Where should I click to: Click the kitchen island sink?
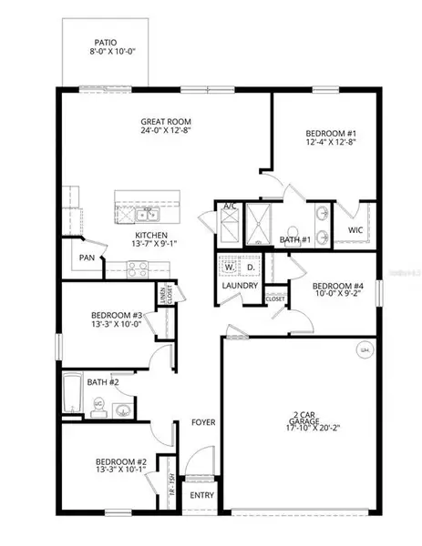click(146, 215)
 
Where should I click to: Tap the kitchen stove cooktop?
click(138, 268)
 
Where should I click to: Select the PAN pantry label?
click(88, 258)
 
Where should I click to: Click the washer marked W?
click(228, 268)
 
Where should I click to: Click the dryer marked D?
click(251, 268)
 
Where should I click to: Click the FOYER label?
click(202, 422)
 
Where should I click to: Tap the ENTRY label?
click(202, 496)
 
